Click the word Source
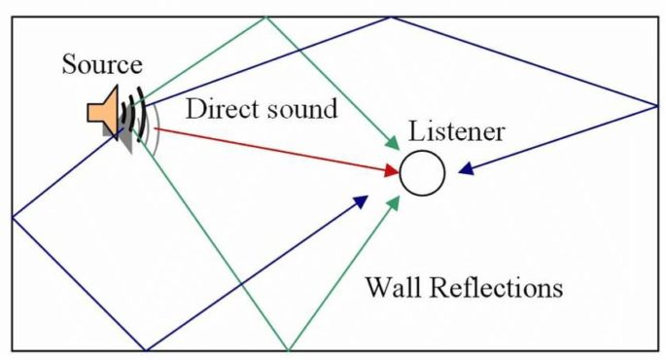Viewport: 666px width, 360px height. [102, 65]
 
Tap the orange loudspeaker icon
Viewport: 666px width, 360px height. [103, 108]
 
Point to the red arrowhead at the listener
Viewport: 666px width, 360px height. [393, 171]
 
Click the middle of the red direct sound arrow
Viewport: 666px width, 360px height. [276, 150]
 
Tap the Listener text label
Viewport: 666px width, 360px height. [456, 131]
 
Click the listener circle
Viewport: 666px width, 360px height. [422, 173]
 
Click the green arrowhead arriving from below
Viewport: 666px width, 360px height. [394, 202]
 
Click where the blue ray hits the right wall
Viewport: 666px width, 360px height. [657, 105]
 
